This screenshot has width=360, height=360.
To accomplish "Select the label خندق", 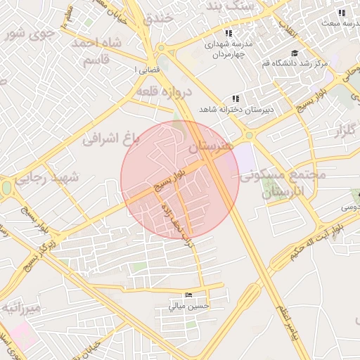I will coord(159,18).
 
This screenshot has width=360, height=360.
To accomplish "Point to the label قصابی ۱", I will coord(146,70).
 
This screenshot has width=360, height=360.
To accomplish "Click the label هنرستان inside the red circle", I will coord(210,148).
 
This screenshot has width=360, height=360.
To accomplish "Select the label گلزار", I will coord(344,130).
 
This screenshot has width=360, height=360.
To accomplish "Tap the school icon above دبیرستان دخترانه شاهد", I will coord(235,99).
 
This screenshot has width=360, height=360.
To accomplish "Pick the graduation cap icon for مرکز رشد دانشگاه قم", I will coord(294,53).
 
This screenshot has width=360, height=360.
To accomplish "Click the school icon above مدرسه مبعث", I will coord(342,13).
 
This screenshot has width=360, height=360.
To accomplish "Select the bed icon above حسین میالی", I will coord(186,295).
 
